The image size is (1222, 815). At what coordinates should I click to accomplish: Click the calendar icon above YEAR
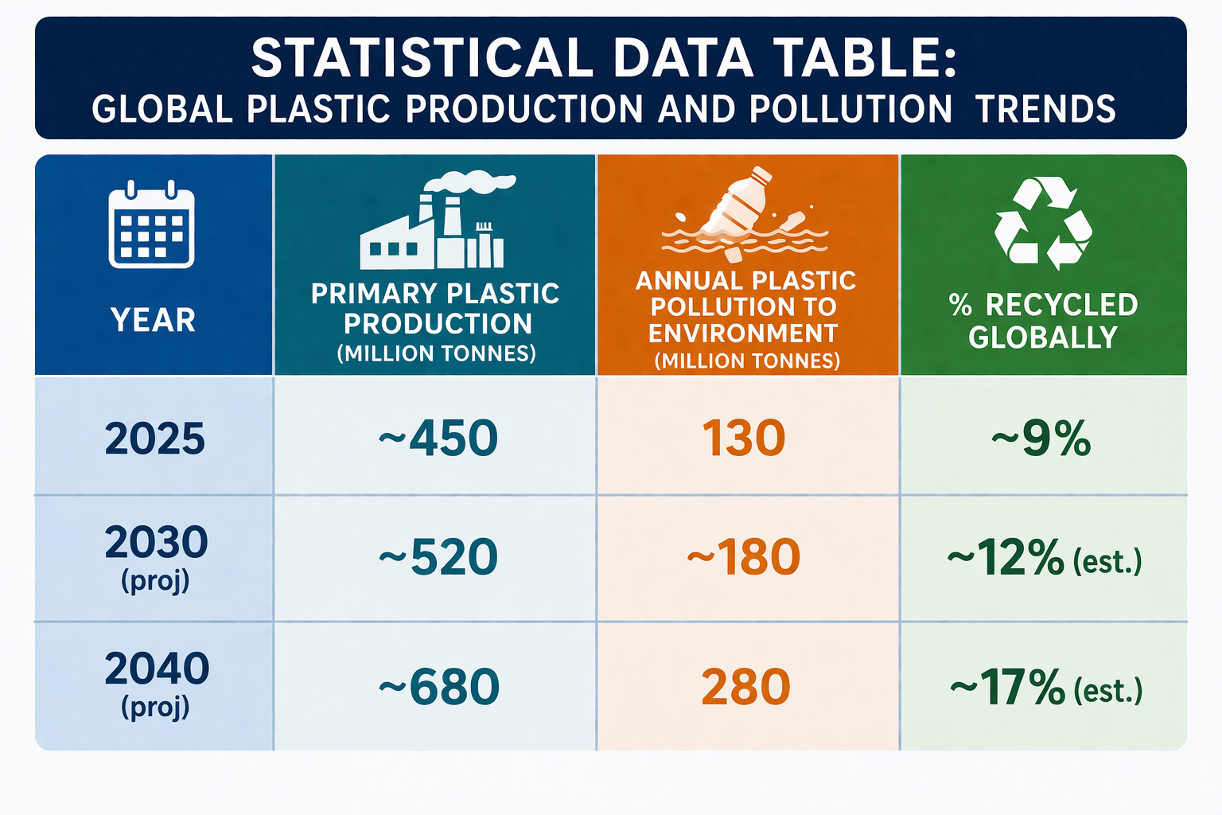click(x=152, y=224)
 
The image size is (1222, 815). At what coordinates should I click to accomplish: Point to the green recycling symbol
click(x=1043, y=224)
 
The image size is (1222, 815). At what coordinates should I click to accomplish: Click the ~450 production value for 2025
click(x=438, y=439)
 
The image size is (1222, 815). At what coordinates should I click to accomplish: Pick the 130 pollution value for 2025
click(x=744, y=439)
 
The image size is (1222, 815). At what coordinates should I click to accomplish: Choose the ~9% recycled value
click(x=1041, y=439)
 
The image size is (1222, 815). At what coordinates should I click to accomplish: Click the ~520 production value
click(x=438, y=557)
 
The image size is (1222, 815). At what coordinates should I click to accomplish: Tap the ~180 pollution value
click(x=744, y=557)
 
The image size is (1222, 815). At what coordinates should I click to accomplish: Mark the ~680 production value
click(x=439, y=686)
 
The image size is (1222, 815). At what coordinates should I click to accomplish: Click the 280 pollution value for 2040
click(x=745, y=686)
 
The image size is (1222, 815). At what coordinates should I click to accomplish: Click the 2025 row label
click(x=155, y=439)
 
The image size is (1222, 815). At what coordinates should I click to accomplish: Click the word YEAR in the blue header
click(x=154, y=320)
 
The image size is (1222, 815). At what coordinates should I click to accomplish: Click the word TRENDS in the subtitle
click(x=1045, y=108)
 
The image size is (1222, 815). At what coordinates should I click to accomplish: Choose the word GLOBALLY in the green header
click(x=1043, y=337)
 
